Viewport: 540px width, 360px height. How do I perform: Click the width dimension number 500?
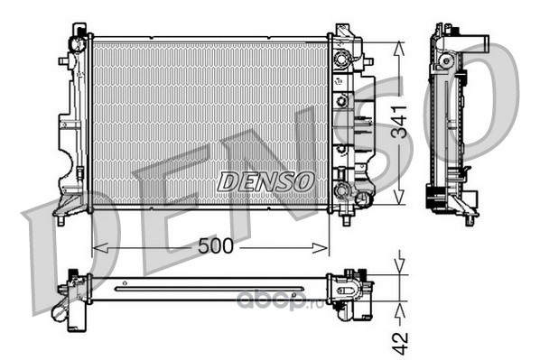[216, 246]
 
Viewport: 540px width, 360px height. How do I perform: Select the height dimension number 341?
[399, 122]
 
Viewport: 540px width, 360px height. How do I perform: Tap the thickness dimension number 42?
[400, 343]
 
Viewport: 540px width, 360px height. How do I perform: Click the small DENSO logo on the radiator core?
[265, 181]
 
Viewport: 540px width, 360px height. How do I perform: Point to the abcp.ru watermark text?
[280, 300]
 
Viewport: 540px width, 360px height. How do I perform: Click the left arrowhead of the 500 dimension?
[100, 248]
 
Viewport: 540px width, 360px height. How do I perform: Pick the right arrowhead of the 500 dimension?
[320, 248]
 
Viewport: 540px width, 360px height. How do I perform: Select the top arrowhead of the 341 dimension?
[399, 49]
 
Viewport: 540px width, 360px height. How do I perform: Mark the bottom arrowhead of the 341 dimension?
[399, 198]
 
